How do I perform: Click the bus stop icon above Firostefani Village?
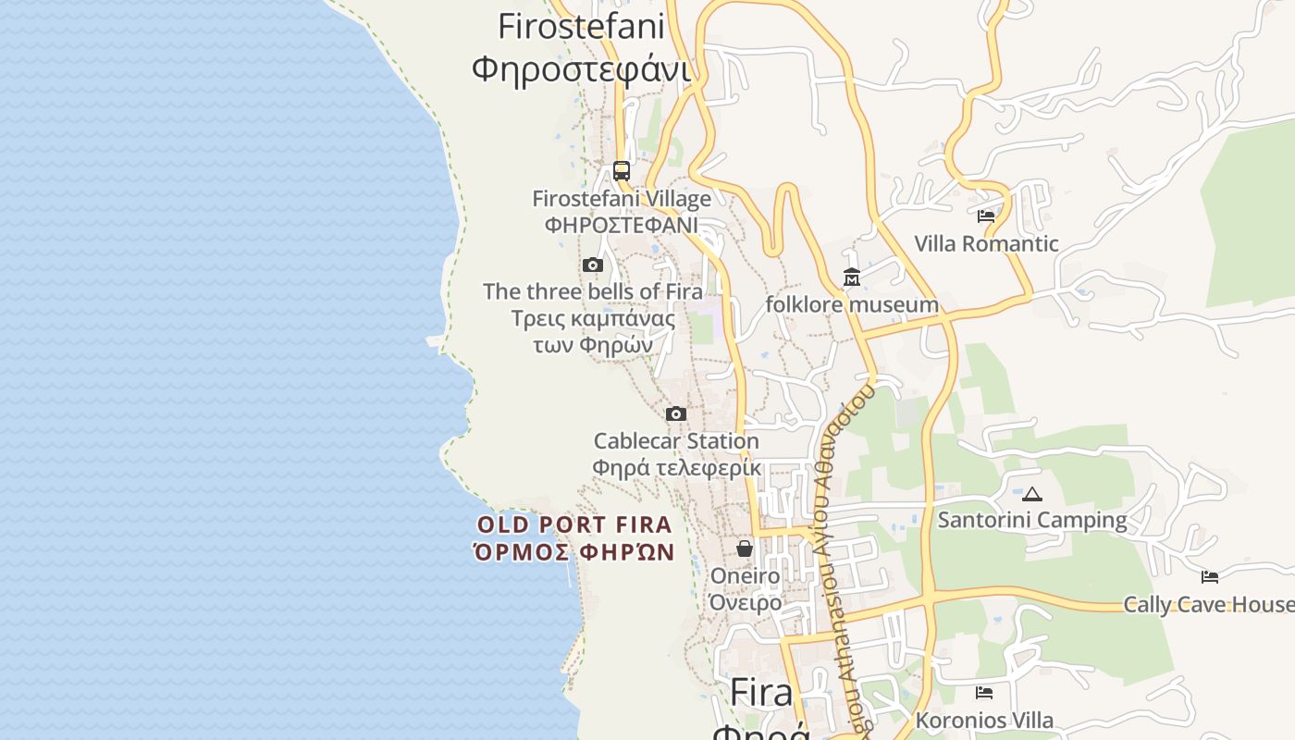622,171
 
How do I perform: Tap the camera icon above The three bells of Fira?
593,265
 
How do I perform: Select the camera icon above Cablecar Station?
676,413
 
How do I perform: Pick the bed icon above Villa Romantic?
986,216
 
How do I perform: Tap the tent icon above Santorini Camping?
1032,494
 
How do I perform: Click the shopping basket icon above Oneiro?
745,549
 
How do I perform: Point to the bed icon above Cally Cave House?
1210,577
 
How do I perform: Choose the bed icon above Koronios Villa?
984,692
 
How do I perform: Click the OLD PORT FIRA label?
573,525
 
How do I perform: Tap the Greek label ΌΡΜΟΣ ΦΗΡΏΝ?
573,553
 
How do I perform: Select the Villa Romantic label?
986,244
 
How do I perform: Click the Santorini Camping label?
1032,520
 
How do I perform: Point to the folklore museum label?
852,304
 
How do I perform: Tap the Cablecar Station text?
676,441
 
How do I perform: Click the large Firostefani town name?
581,26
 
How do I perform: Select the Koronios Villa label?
984,720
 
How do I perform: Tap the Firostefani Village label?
622,199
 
